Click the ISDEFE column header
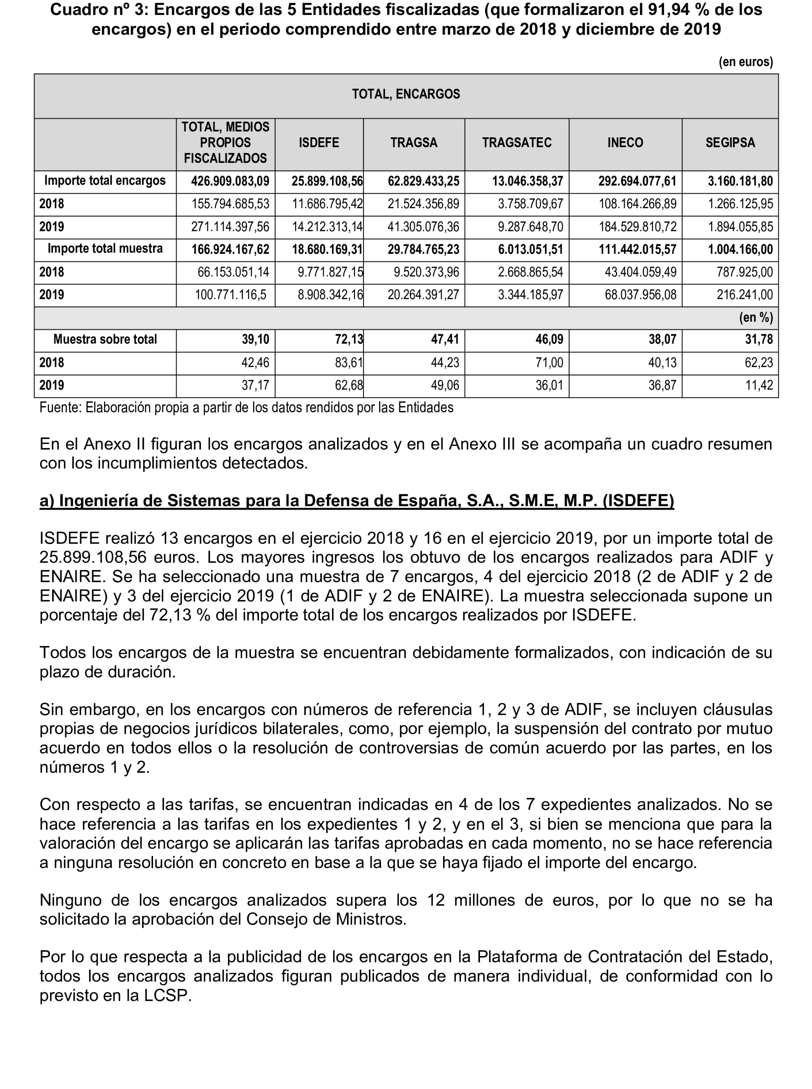[x=319, y=143]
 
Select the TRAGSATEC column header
[x=516, y=143]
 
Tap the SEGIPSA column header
[x=730, y=143]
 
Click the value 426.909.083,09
[x=230, y=181]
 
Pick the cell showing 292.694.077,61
[x=637, y=181]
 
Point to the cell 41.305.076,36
[x=423, y=227]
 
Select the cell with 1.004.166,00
[x=740, y=249]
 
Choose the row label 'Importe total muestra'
[x=105, y=249]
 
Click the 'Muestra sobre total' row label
[x=105, y=339]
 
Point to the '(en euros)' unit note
[x=746, y=62]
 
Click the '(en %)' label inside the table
[x=756, y=318]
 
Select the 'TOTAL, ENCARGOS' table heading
[x=406, y=94]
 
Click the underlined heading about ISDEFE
[x=356, y=500]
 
